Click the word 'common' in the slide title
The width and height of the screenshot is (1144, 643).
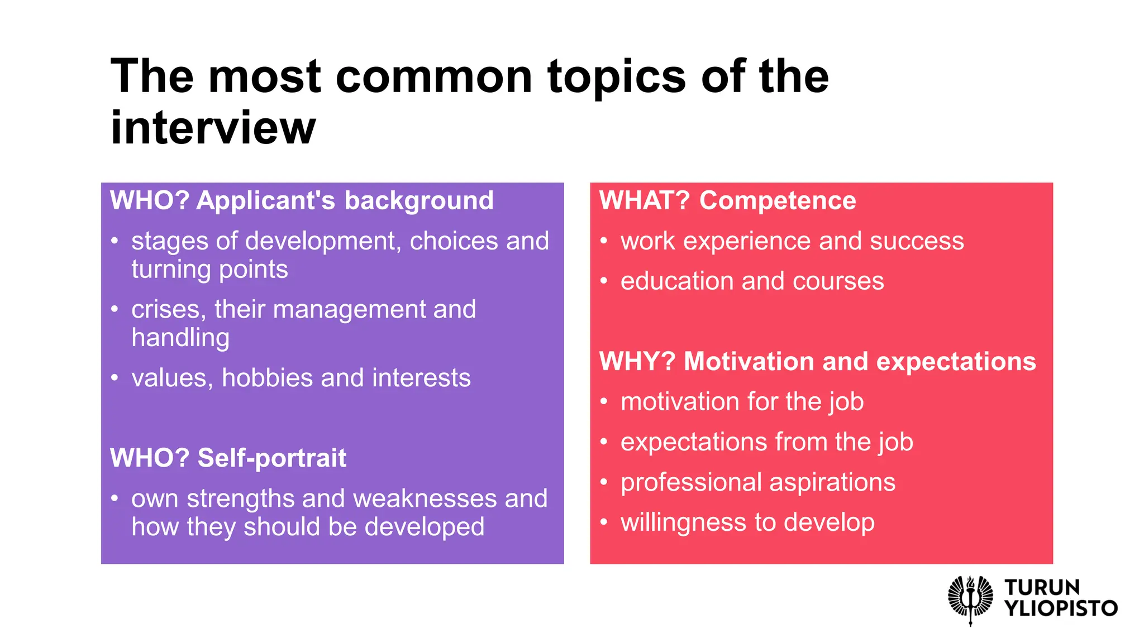pos(433,77)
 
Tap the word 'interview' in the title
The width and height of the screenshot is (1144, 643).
pos(213,128)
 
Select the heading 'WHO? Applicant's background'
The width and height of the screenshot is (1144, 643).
pos(302,201)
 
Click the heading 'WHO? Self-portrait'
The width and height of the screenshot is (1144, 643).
pos(228,458)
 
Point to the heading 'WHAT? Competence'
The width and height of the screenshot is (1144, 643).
pos(727,201)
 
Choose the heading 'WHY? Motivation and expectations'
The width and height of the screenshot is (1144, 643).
pos(817,362)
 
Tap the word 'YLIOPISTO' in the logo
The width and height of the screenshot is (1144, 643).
pos(1061,608)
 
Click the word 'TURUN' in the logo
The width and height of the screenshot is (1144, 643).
pos(1042,588)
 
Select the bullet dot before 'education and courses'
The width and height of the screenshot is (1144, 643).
pos(604,282)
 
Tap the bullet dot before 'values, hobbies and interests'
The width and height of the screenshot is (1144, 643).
pos(115,378)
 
